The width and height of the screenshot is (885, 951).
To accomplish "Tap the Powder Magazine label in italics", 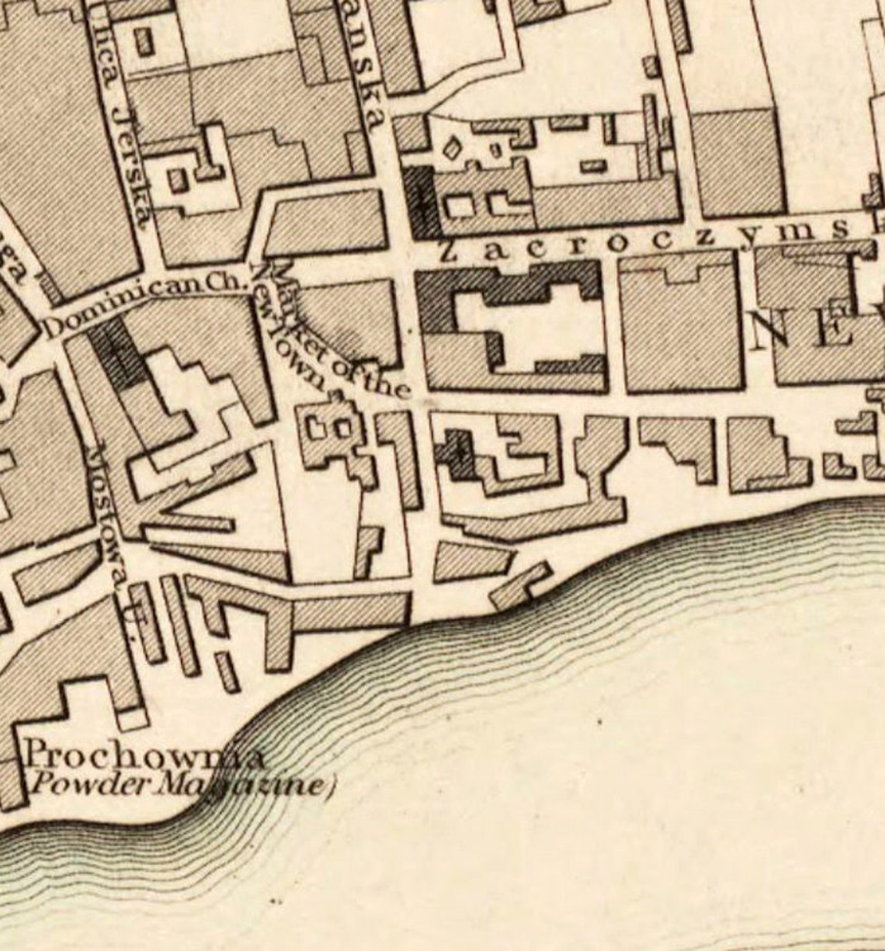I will coord(175,786).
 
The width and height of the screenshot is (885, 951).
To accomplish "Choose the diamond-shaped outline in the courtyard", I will coord(451,147).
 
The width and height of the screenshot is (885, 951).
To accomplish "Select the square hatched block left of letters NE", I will coord(681,322).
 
